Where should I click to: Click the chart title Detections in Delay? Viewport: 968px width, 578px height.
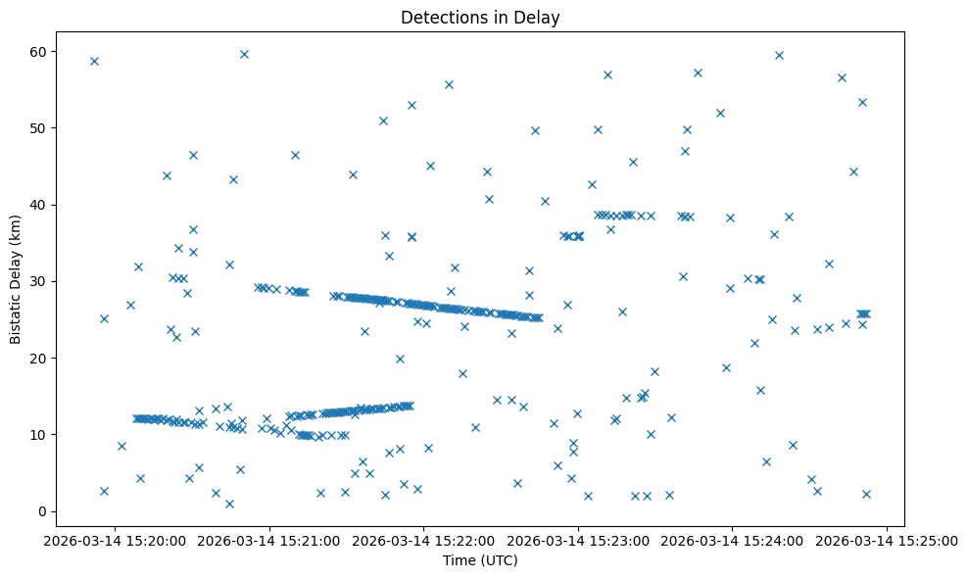(480, 17)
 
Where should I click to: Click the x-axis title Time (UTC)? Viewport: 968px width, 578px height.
(480, 561)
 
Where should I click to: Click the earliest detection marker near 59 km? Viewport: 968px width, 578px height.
(94, 61)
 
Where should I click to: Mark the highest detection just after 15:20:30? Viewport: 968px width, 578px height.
(244, 54)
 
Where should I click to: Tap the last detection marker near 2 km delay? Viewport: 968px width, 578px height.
(866, 494)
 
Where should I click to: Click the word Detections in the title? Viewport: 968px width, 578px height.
(437, 17)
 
